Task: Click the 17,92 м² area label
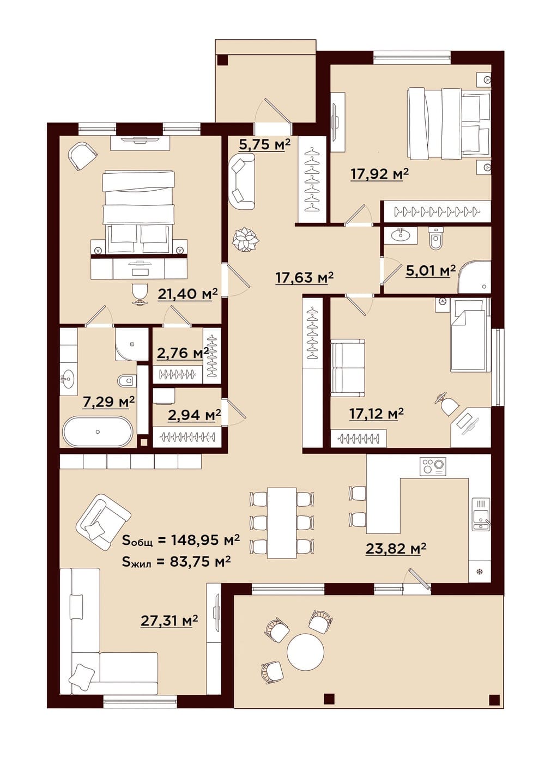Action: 379,174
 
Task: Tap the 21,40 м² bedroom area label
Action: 188,294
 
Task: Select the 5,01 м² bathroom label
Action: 431,270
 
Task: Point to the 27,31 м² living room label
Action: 169,621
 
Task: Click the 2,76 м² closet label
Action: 183,353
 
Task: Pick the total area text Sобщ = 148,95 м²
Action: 181,539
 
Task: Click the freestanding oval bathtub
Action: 98,432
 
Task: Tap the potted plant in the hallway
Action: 245,239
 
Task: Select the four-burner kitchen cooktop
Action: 432,466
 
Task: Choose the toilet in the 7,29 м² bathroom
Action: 126,381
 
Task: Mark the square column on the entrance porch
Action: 222,60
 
